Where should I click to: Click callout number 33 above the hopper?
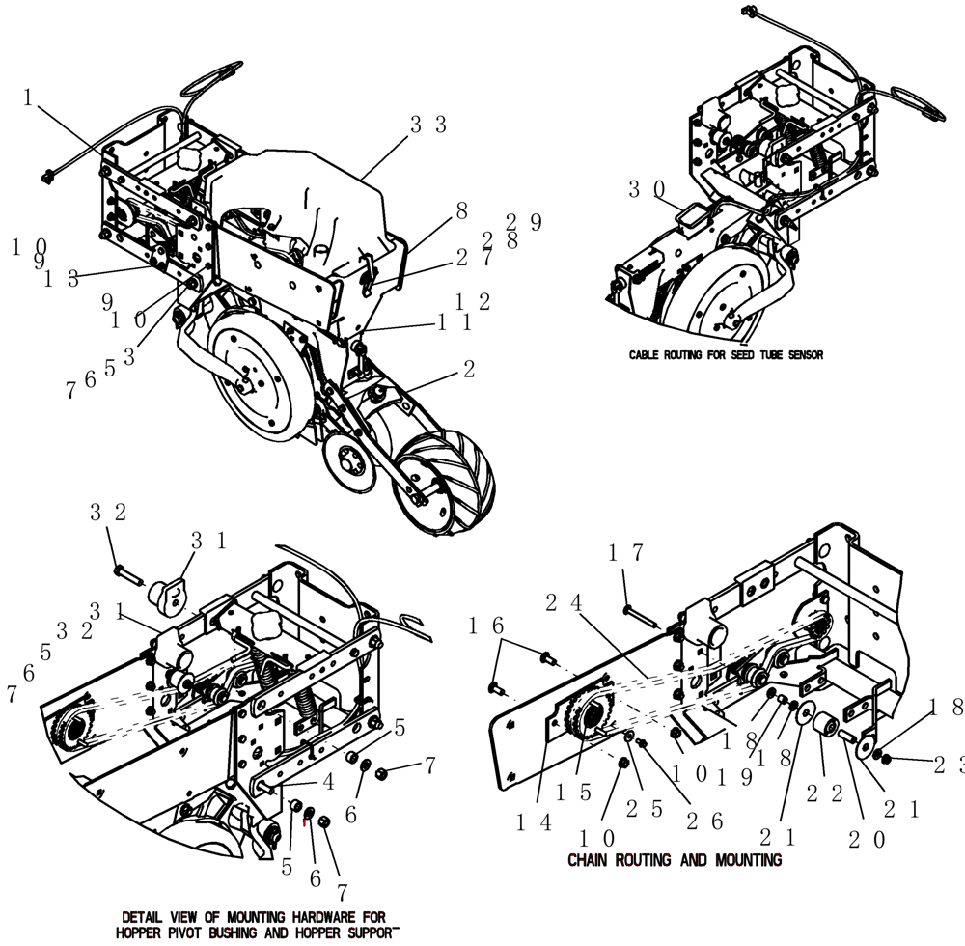[427, 125]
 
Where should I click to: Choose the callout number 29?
[524, 221]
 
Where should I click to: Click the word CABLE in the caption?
[647, 355]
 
